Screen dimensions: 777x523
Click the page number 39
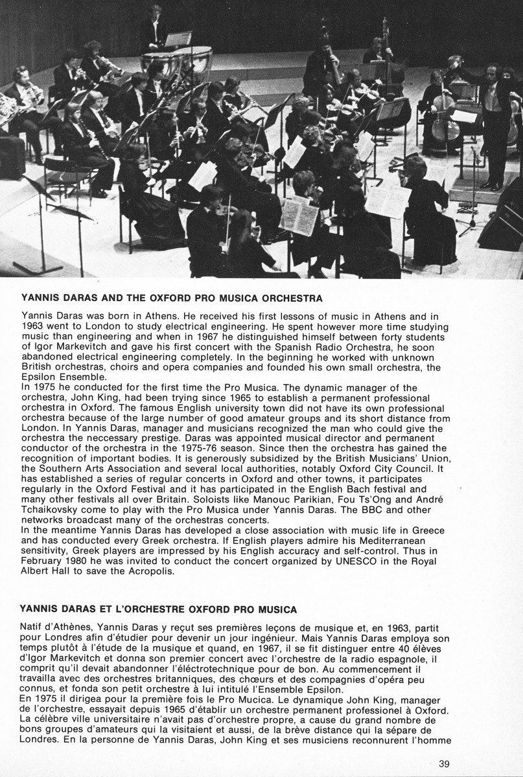click(x=443, y=763)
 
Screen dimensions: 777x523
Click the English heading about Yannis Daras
click(x=172, y=299)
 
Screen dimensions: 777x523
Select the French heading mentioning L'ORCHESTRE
click(x=159, y=609)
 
